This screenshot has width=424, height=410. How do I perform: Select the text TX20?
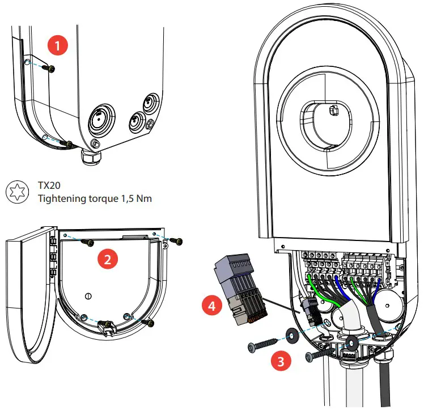pos(48,186)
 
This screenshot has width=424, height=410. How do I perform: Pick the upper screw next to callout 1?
pos(52,68)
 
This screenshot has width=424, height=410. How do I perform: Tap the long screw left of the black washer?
pos(261,344)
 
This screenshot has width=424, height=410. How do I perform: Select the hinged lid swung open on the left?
pos(28,295)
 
